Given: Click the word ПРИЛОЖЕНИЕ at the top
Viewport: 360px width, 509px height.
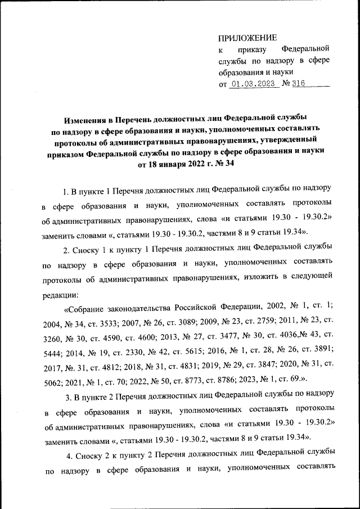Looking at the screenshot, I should coord(247,38).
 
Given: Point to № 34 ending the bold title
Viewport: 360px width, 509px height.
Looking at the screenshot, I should coord(221,164).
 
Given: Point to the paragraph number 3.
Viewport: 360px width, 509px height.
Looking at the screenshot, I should coord(68,399).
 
